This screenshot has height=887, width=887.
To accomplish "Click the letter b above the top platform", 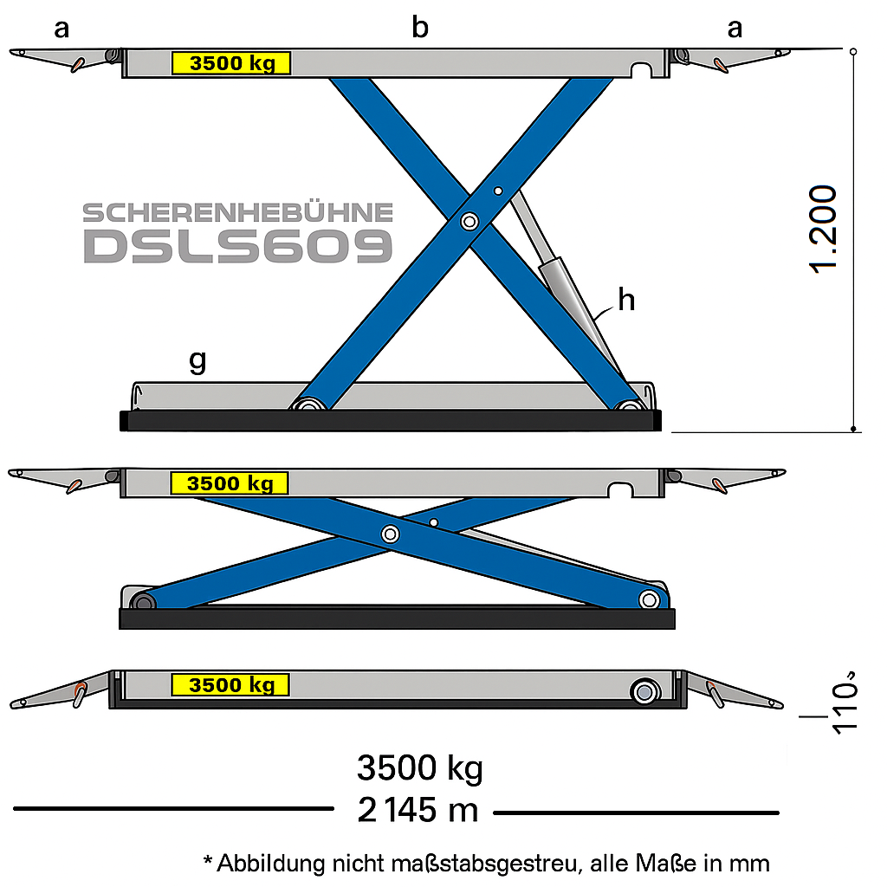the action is [420, 28].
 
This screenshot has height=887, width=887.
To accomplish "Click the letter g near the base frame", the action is [197, 361].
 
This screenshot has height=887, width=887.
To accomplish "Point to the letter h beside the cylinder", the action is [626, 299].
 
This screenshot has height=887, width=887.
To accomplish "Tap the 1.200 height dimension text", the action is [823, 229].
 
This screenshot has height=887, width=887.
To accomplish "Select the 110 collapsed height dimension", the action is [845, 702].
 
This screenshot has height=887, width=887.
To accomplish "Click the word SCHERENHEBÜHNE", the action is [237, 213].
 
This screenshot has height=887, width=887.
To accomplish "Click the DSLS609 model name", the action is [237, 247].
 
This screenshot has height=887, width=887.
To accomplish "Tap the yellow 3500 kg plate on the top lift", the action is [231, 62].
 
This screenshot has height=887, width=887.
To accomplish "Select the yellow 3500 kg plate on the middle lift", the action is [230, 483].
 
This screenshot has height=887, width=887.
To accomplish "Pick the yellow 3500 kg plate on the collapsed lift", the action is [230, 685].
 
